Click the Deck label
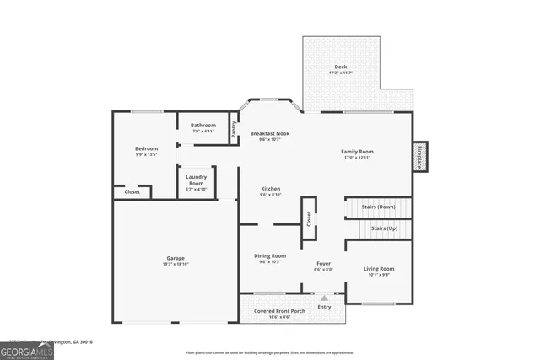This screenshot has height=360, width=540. pyautogui.click(x=341, y=67)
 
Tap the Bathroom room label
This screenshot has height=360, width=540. pyautogui.click(x=202, y=126)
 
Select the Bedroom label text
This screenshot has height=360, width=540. pyautogui.click(x=147, y=149)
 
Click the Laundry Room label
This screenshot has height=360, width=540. pyautogui.click(x=196, y=180)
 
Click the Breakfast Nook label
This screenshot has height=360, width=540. pyautogui.click(x=270, y=133)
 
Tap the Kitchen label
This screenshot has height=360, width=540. pyautogui.click(x=270, y=189)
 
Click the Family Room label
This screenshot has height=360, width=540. pyautogui.click(x=357, y=152)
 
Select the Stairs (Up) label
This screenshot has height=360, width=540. pyautogui.click(x=384, y=228)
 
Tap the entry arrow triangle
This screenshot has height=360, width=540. pyautogui.click(x=324, y=298)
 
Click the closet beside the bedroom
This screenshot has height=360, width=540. pyautogui.click(x=132, y=191)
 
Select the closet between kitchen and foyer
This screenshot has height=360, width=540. pyautogui.click(x=309, y=218)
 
